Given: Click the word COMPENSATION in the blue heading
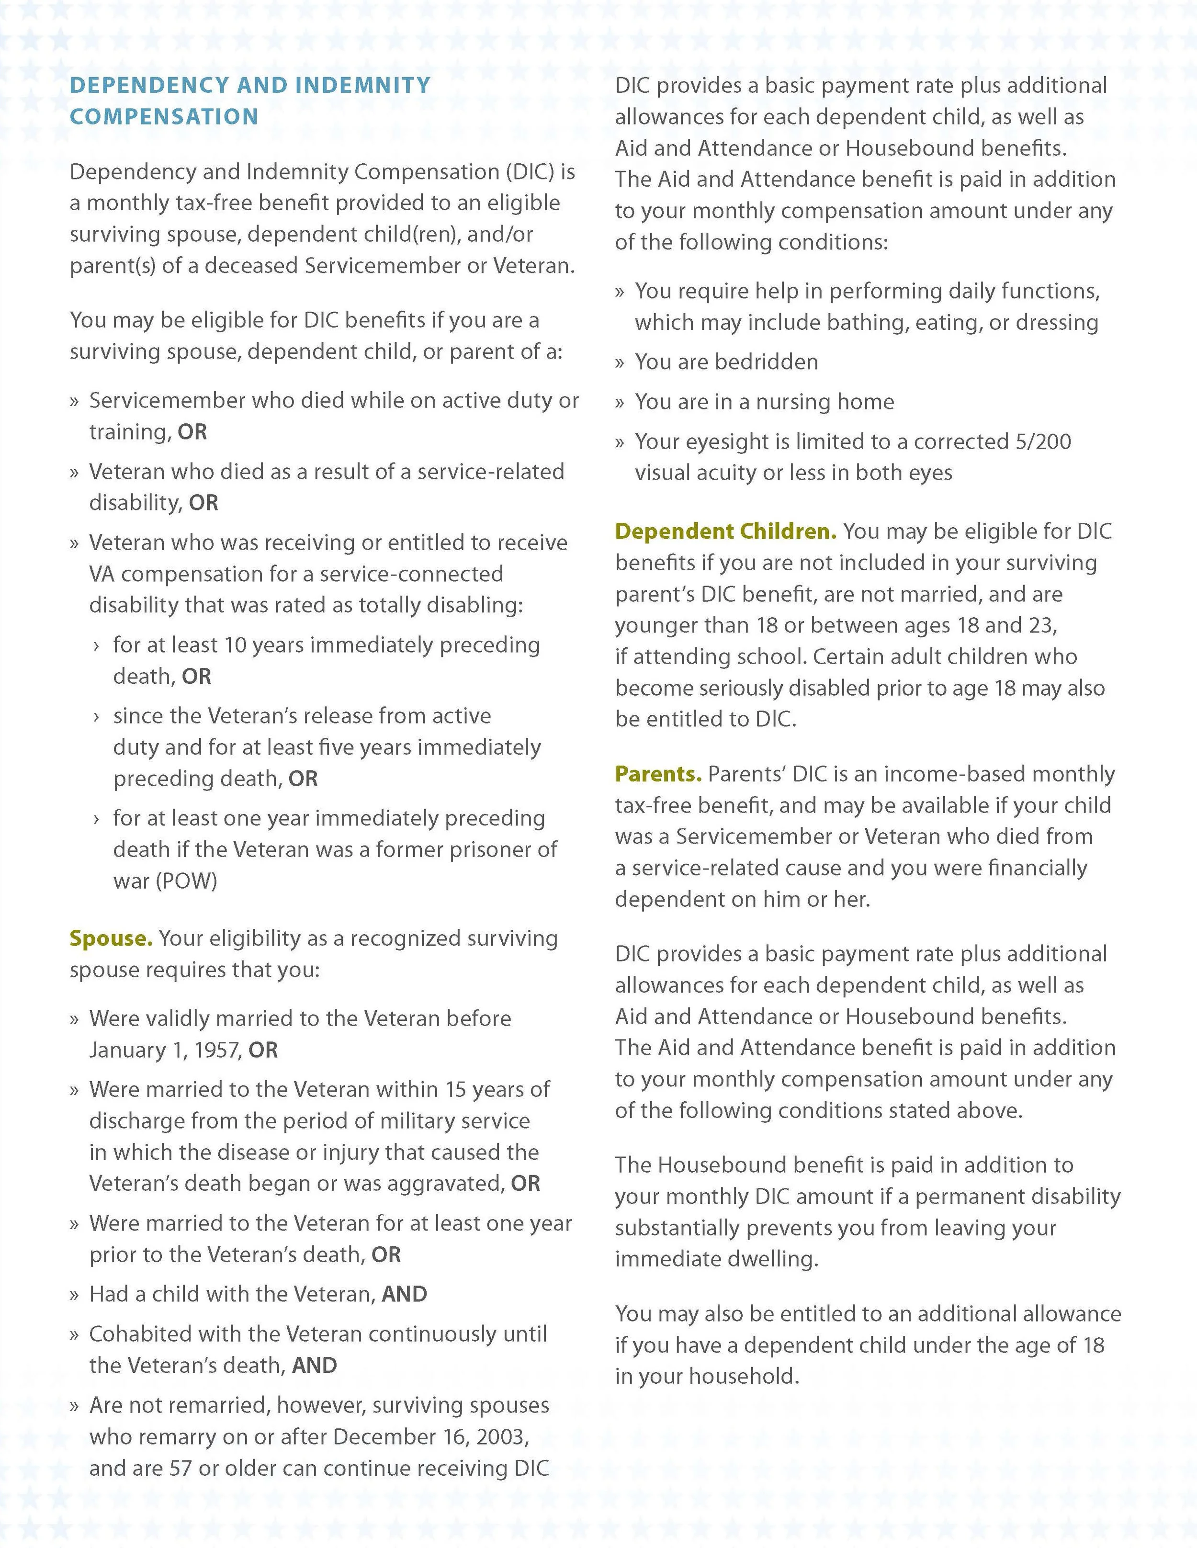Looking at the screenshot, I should tap(164, 117).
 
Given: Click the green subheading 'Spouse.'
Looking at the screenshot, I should tap(111, 938).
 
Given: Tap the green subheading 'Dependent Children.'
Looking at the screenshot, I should tap(725, 531).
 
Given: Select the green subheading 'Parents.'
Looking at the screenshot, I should tap(658, 774).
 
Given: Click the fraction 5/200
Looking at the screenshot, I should tap(1042, 441).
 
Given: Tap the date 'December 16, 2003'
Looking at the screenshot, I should tap(430, 1437).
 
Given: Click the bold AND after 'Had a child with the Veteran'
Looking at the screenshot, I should tap(404, 1294).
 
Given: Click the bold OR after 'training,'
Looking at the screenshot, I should tap(192, 432).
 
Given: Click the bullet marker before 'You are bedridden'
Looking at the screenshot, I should tap(620, 363).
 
